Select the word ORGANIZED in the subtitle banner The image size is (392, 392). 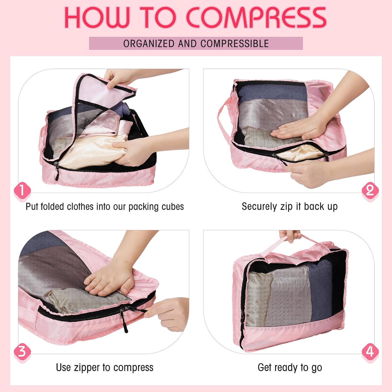coord(149,44)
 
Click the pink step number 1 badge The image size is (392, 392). coord(22,191)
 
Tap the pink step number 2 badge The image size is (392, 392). coord(370,191)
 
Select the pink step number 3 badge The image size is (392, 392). coord(22,352)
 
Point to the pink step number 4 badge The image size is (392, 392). coord(370,352)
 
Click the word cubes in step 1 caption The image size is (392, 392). coord(173,207)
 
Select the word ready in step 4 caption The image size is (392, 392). coord(287,368)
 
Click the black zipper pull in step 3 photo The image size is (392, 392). coord(125,320)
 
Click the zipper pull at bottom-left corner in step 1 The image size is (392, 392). coord(57,171)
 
